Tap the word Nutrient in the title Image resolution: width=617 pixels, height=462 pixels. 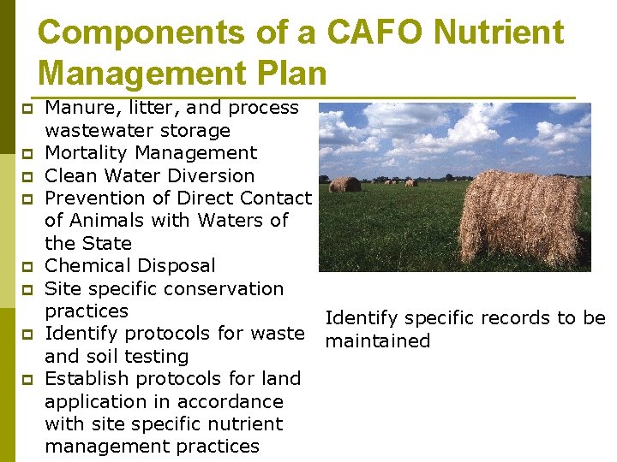(500, 33)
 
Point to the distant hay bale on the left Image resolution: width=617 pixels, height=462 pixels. (344, 184)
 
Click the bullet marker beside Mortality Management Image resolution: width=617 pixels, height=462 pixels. (27, 154)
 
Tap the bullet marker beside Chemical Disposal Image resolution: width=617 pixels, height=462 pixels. (27, 267)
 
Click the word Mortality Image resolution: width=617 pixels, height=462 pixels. (87, 153)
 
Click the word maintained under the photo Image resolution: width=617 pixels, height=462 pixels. (377, 341)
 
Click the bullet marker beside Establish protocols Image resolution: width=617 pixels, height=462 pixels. (27, 379)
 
